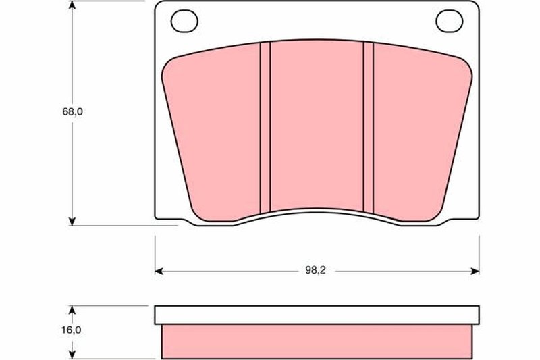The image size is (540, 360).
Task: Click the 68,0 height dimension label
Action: click(x=72, y=113)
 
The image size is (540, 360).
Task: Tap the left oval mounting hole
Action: click(x=182, y=22)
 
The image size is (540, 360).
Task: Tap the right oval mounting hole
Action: click(x=447, y=22)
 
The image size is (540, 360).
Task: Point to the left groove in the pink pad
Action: click(x=265, y=127)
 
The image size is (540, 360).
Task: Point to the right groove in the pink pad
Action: click(x=368, y=127)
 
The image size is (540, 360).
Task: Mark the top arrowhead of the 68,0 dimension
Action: click(x=72, y=5)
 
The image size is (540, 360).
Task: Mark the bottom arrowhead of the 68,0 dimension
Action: click(x=72, y=221)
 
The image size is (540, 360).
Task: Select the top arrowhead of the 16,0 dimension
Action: click(x=72, y=309)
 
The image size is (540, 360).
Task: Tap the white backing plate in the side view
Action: click(x=317, y=315)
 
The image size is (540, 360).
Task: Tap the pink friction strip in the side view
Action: click(x=317, y=340)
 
